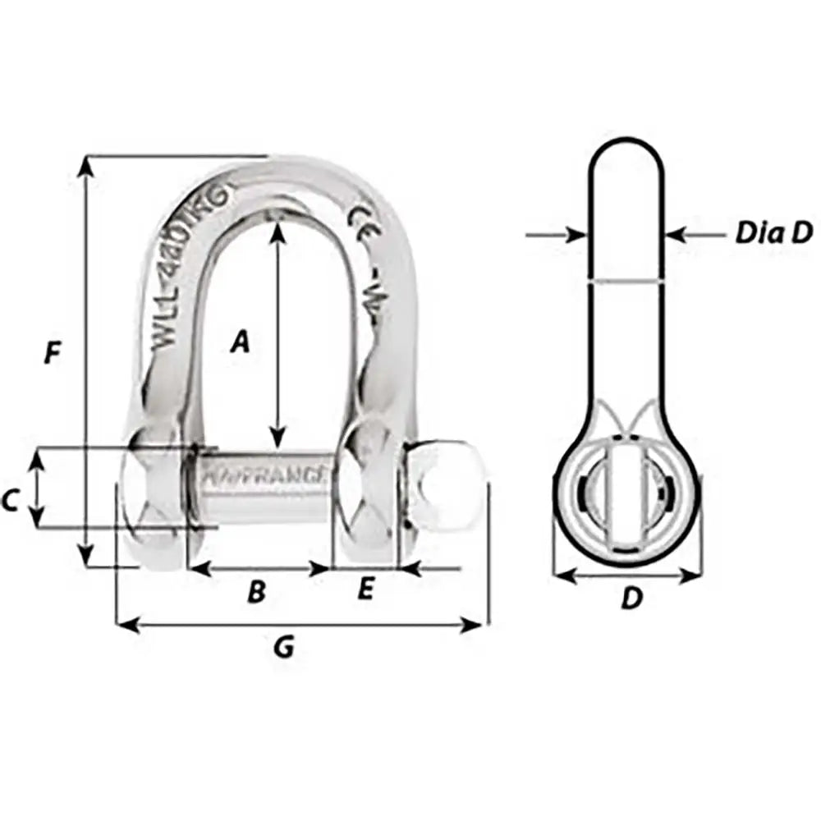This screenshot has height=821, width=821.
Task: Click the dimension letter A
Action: (239, 341)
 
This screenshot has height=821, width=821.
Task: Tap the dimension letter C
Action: (10, 499)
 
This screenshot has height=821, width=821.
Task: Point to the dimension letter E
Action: (366, 589)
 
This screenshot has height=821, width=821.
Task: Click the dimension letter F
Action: (52, 355)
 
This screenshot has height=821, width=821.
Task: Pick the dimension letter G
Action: (283, 649)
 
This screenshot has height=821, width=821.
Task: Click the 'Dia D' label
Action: (773, 234)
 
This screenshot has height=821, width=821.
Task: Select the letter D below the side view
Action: (630, 599)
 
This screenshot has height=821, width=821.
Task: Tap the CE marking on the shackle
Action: (362, 220)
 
